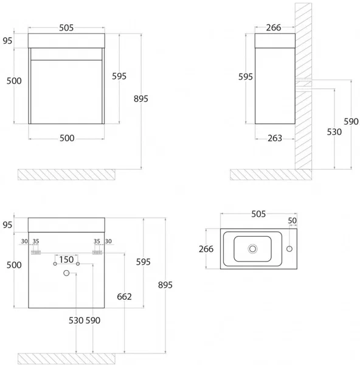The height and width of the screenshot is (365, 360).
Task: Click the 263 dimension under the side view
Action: coord(275,138)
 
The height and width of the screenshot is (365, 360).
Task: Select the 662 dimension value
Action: coord(124,297)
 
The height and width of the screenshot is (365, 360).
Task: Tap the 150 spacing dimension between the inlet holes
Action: coord(66,260)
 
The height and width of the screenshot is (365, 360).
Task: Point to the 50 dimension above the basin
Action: coord(292,220)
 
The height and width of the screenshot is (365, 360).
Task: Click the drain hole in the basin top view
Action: coord(252,249)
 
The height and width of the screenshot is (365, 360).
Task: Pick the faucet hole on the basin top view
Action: coord(289,249)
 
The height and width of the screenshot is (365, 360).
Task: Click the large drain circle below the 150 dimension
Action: coord(66,273)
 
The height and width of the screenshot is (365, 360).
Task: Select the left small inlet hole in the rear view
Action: coord(55,264)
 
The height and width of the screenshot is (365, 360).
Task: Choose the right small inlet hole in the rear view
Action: coord(78,264)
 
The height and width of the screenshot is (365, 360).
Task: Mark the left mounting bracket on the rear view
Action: coord(36,252)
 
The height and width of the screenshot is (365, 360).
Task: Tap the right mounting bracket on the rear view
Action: coord(97,252)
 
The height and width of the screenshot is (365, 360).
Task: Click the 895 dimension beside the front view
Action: coord(141,99)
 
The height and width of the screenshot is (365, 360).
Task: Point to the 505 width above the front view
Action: coord(66,28)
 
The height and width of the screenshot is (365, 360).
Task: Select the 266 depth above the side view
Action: coord(274,28)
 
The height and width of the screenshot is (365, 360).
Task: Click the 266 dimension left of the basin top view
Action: coord(206,249)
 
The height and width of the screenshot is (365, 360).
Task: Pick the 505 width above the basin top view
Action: coord(258,214)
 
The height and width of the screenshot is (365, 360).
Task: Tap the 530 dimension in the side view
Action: coord(334,132)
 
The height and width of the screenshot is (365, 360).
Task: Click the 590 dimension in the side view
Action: coord(351,122)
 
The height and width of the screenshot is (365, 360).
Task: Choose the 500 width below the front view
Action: coord(67,138)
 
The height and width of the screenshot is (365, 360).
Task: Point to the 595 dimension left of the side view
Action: coord(245,77)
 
